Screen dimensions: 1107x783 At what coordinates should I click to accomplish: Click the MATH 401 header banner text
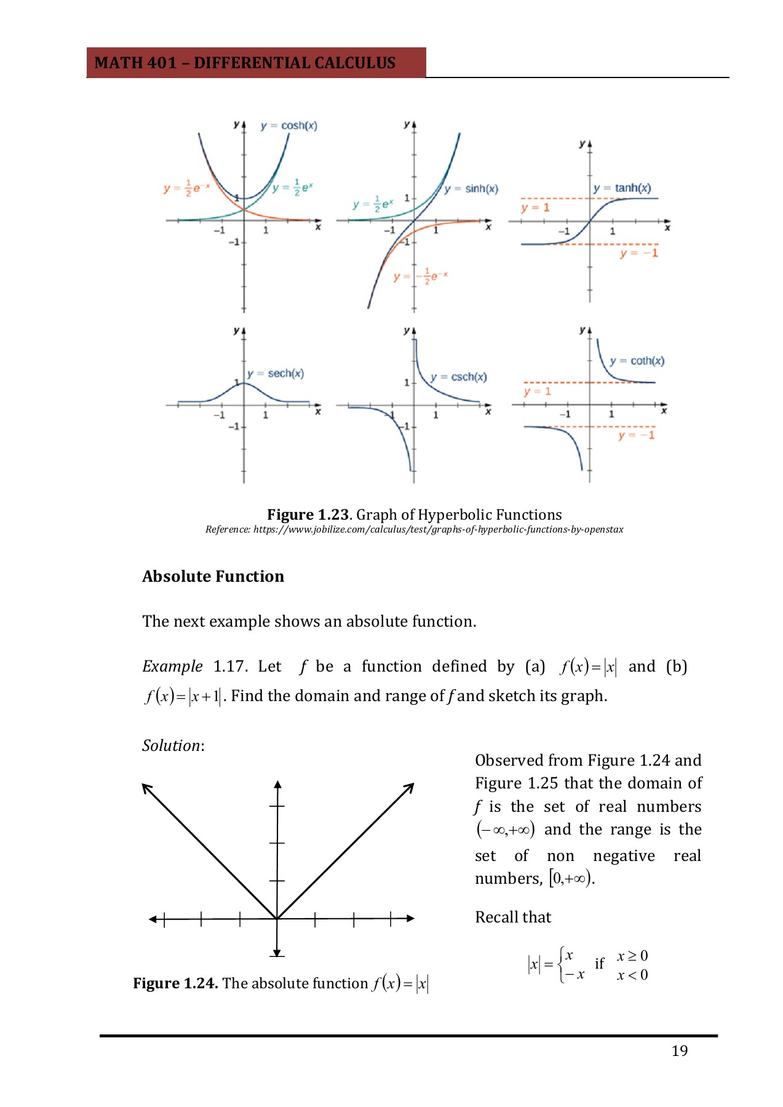click(x=245, y=63)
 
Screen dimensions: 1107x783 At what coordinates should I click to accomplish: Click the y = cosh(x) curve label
click(x=288, y=125)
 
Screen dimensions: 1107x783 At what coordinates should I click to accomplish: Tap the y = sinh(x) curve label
click(x=471, y=189)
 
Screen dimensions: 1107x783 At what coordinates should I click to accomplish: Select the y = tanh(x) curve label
click(x=622, y=188)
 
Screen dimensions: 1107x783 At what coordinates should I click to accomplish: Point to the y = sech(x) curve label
click(x=276, y=373)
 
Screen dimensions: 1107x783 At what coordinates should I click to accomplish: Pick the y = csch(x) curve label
click(x=459, y=377)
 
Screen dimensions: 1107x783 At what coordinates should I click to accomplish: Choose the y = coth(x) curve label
click(x=637, y=361)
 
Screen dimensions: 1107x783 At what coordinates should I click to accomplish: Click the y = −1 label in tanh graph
click(x=639, y=253)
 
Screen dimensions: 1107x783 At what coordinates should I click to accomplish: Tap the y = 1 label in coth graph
click(x=538, y=392)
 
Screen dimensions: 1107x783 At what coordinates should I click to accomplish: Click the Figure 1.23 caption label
click(x=308, y=515)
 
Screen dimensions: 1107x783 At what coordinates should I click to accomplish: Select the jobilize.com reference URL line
click(x=414, y=530)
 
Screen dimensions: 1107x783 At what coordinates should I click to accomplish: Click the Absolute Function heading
click(x=213, y=576)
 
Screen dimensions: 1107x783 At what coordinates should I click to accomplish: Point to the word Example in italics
click(x=172, y=667)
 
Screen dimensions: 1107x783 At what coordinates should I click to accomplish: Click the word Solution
click(x=172, y=745)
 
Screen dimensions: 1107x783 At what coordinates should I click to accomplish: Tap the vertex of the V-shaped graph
click(x=277, y=919)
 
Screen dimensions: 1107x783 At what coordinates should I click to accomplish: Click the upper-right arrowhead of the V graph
click(x=411, y=786)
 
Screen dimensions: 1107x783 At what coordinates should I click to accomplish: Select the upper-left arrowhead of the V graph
click(x=145, y=787)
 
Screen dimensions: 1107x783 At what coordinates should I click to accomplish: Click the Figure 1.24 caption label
click(x=175, y=983)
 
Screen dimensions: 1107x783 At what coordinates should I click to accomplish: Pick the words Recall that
click(x=513, y=918)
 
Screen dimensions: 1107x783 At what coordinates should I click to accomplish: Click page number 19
click(x=680, y=1051)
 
